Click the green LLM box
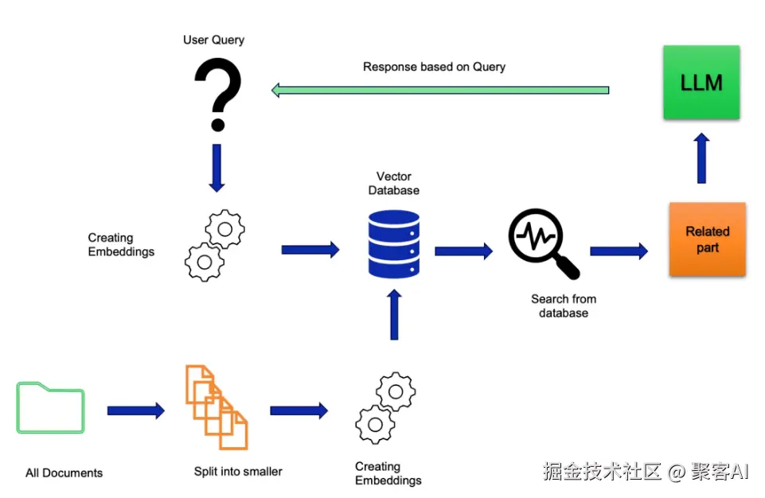click(x=701, y=83)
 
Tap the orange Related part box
click(x=708, y=239)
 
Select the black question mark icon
click(x=218, y=95)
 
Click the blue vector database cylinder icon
click(x=394, y=244)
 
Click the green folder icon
click(x=51, y=408)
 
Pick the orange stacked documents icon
click(x=217, y=407)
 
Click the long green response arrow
click(x=440, y=90)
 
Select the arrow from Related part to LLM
click(x=701, y=158)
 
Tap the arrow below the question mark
click(x=217, y=168)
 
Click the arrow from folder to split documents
click(x=136, y=410)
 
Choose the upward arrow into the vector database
click(x=394, y=314)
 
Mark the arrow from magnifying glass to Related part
click(x=619, y=251)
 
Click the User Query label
click(x=213, y=40)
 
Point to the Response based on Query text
click(x=434, y=67)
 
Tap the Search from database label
click(x=564, y=305)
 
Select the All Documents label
click(x=64, y=473)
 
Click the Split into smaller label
click(x=238, y=471)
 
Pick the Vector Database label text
click(x=394, y=184)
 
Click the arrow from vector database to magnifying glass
click(x=464, y=251)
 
